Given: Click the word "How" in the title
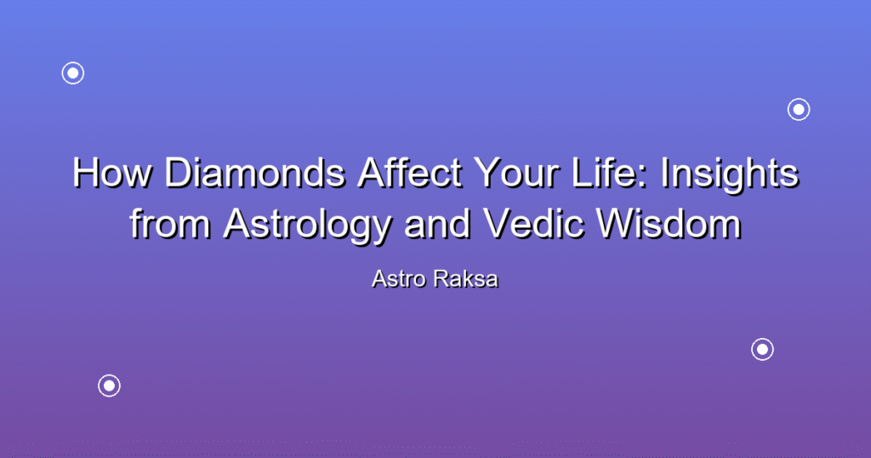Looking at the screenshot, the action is coord(112,173).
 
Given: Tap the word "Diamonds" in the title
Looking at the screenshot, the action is coord(254,173).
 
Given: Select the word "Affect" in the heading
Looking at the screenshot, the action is coord(410,173).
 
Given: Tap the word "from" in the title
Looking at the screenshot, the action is coord(170,224).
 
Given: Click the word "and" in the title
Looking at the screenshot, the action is coord(438,224).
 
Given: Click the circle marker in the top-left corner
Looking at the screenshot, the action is coord(73,73).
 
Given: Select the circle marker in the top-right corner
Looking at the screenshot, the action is coord(799,110).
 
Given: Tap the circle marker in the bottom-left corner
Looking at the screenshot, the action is coord(110,386).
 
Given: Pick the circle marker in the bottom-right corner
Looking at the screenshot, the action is coord(763,350).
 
